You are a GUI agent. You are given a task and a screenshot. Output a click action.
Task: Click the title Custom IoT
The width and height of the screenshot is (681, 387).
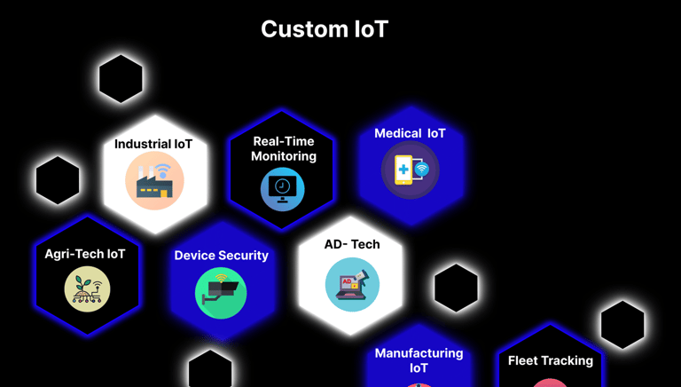325,29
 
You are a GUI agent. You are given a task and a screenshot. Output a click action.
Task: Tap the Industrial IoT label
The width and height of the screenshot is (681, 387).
153,144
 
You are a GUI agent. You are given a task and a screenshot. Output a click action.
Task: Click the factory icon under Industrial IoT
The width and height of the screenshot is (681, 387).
154,182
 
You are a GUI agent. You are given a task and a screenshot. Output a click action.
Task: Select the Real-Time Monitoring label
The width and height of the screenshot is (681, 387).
284,149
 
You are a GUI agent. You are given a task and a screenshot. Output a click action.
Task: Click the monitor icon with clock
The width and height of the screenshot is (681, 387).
283,189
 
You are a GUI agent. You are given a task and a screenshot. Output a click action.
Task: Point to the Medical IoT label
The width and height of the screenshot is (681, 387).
410,133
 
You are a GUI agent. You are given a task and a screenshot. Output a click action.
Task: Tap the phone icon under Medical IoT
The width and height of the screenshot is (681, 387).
410,170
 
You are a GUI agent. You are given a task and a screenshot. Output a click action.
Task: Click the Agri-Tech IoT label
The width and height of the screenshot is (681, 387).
85,254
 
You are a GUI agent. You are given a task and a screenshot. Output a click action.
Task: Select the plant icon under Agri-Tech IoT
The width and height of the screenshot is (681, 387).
87,288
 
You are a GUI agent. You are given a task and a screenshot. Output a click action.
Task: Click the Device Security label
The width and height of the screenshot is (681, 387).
221,256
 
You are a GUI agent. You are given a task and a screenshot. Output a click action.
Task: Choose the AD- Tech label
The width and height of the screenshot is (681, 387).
352,244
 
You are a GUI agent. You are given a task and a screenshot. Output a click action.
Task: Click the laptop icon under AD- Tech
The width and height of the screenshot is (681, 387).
352,285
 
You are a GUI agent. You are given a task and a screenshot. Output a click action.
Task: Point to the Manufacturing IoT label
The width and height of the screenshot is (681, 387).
419,360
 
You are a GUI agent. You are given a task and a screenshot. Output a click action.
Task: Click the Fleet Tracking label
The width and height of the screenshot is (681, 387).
551,360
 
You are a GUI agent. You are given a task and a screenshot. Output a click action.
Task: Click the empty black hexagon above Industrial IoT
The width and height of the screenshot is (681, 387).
121,79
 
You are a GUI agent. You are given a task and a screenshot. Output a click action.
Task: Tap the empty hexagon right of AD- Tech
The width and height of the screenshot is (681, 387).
457,288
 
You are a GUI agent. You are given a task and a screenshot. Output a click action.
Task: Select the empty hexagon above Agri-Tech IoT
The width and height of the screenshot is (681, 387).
58,180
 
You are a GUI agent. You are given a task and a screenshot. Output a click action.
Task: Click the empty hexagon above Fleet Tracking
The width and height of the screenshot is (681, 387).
622,325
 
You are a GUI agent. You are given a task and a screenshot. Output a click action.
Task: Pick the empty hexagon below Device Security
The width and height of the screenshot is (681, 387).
210,370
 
